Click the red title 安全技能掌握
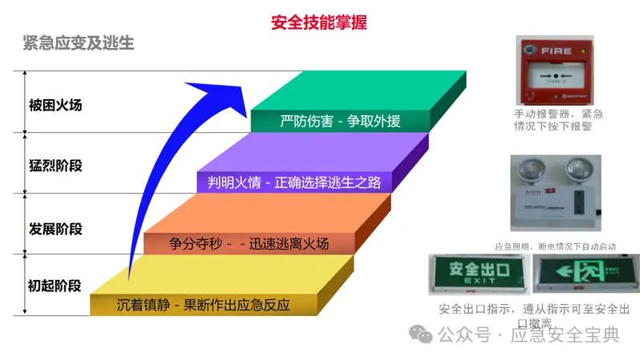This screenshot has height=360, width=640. pos(319,22)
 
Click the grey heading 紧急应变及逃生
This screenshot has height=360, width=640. pos(78,43)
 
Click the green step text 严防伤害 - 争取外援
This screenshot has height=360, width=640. pos(340,122)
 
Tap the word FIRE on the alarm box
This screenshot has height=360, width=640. pos(557,51)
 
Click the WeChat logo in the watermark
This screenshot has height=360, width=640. pos(421,334)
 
